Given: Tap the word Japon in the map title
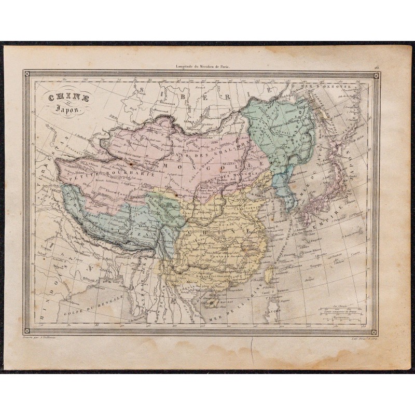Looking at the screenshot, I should point(61,108).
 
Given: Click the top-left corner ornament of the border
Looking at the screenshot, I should point(27,76).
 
